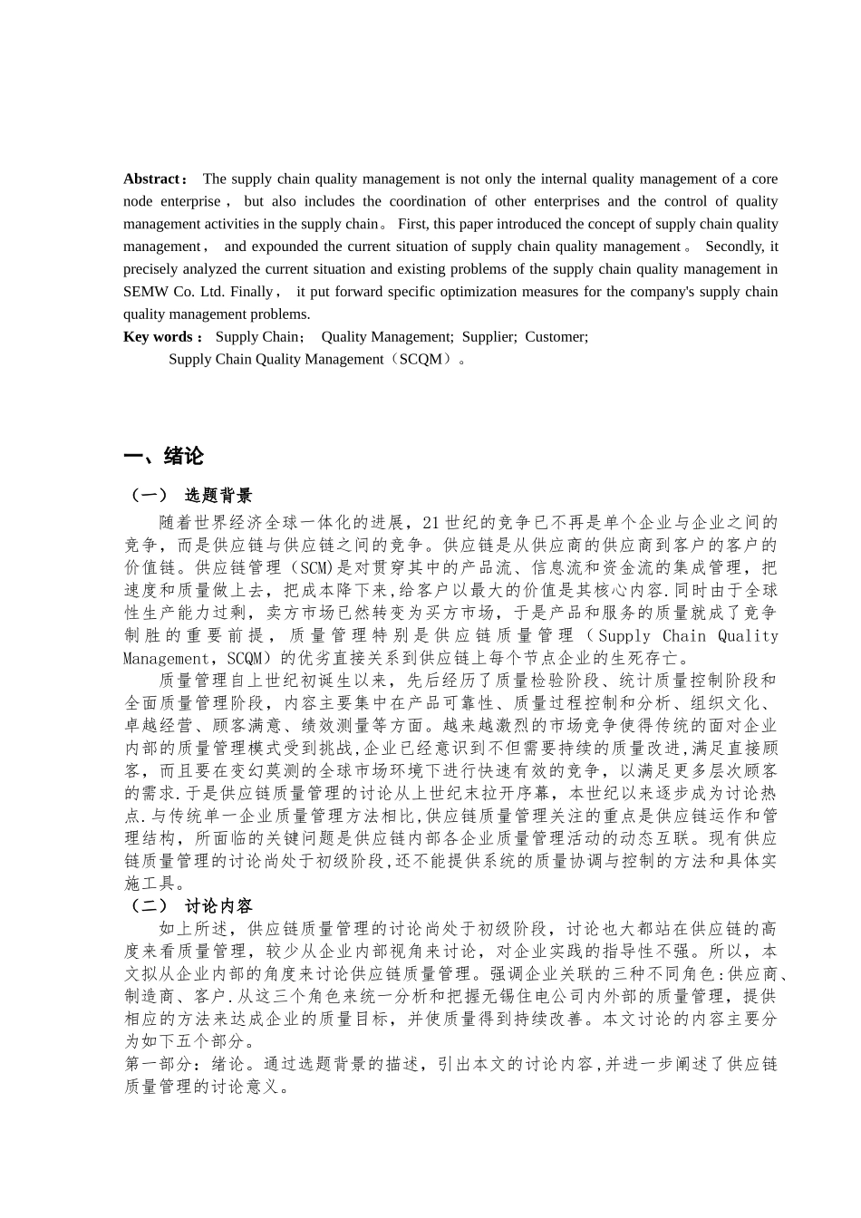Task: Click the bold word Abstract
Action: [x=151, y=179]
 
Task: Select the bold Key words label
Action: [x=158, y=337]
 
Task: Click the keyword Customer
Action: [x=556, y=337]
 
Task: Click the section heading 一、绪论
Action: [x=163, y=456]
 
